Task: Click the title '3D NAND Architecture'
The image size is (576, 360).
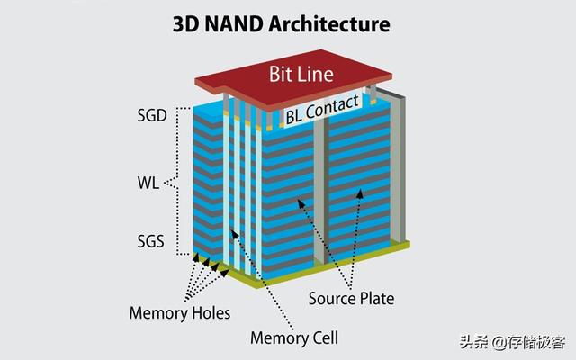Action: coord(288,23)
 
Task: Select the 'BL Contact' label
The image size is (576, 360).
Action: coord(322,112)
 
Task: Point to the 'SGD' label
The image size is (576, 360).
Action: coord(148,116)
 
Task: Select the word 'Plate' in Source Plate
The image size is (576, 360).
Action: coord(376,298)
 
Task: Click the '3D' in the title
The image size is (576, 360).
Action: coord(186,23)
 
